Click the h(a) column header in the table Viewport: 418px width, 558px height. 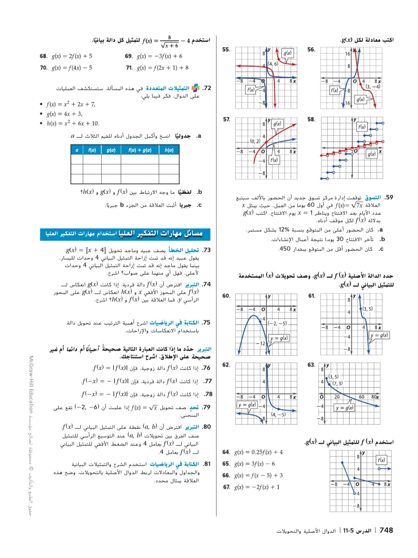coord(169,150)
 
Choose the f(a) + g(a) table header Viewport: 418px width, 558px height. coord(140,150)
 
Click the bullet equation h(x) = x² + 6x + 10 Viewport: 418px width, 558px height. coord(72,124)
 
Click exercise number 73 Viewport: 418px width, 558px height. coord(207,250)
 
